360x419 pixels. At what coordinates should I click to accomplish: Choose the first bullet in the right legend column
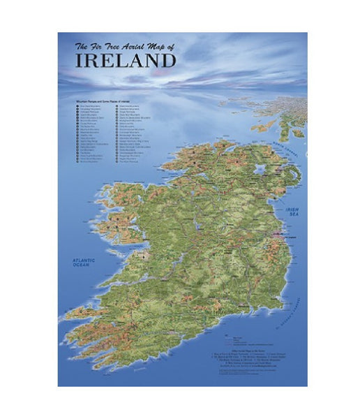point(117,106)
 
